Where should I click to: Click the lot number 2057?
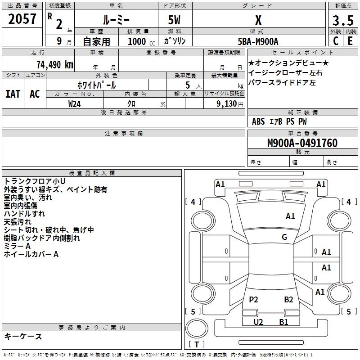point(22,19)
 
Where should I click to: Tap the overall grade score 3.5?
point(343,20)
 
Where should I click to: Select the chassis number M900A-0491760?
point(302,143)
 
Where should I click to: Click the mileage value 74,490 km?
point(55,65)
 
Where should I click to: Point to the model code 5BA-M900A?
point(258,41)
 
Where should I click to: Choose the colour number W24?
point(74,104)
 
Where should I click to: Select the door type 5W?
point(174,20)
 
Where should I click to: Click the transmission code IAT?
point(13,94)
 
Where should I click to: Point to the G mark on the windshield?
point(284,237)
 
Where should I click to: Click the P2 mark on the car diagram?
point(253,299)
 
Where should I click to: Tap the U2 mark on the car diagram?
point(258,322)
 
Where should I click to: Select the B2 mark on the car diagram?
point(288,299)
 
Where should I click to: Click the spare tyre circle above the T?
point(197,328)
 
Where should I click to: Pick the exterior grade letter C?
point(336,41)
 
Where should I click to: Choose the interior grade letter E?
point(350,41)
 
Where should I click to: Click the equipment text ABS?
point(258,121)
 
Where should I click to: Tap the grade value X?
point(258,20)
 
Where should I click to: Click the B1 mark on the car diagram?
point(283,322)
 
